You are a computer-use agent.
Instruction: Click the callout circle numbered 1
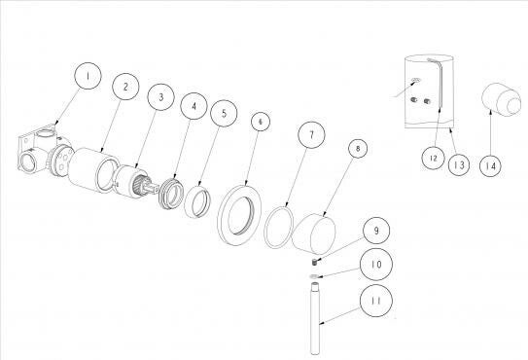coord(88,76)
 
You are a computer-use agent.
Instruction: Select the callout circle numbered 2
coord(125,87)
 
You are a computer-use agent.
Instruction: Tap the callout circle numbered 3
coord(161,97)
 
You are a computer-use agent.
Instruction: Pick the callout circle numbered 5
coord(224,113)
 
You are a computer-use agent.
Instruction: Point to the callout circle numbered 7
coord(311,135)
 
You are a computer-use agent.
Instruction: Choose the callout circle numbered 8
coord(358,148)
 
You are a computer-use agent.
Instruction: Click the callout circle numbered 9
coord(376,231)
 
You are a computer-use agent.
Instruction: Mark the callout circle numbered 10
coord(376,265)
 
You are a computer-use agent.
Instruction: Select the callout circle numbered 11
coord(376,301)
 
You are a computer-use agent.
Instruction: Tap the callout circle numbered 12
coord(434,158)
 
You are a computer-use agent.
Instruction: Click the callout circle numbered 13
coord(459,164)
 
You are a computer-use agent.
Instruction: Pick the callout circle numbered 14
coord(490,165)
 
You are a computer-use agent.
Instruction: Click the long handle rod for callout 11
coord(315,319)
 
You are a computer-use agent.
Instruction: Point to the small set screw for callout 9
coord(314,262)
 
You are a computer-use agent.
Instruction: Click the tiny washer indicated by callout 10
coord(314,276)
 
